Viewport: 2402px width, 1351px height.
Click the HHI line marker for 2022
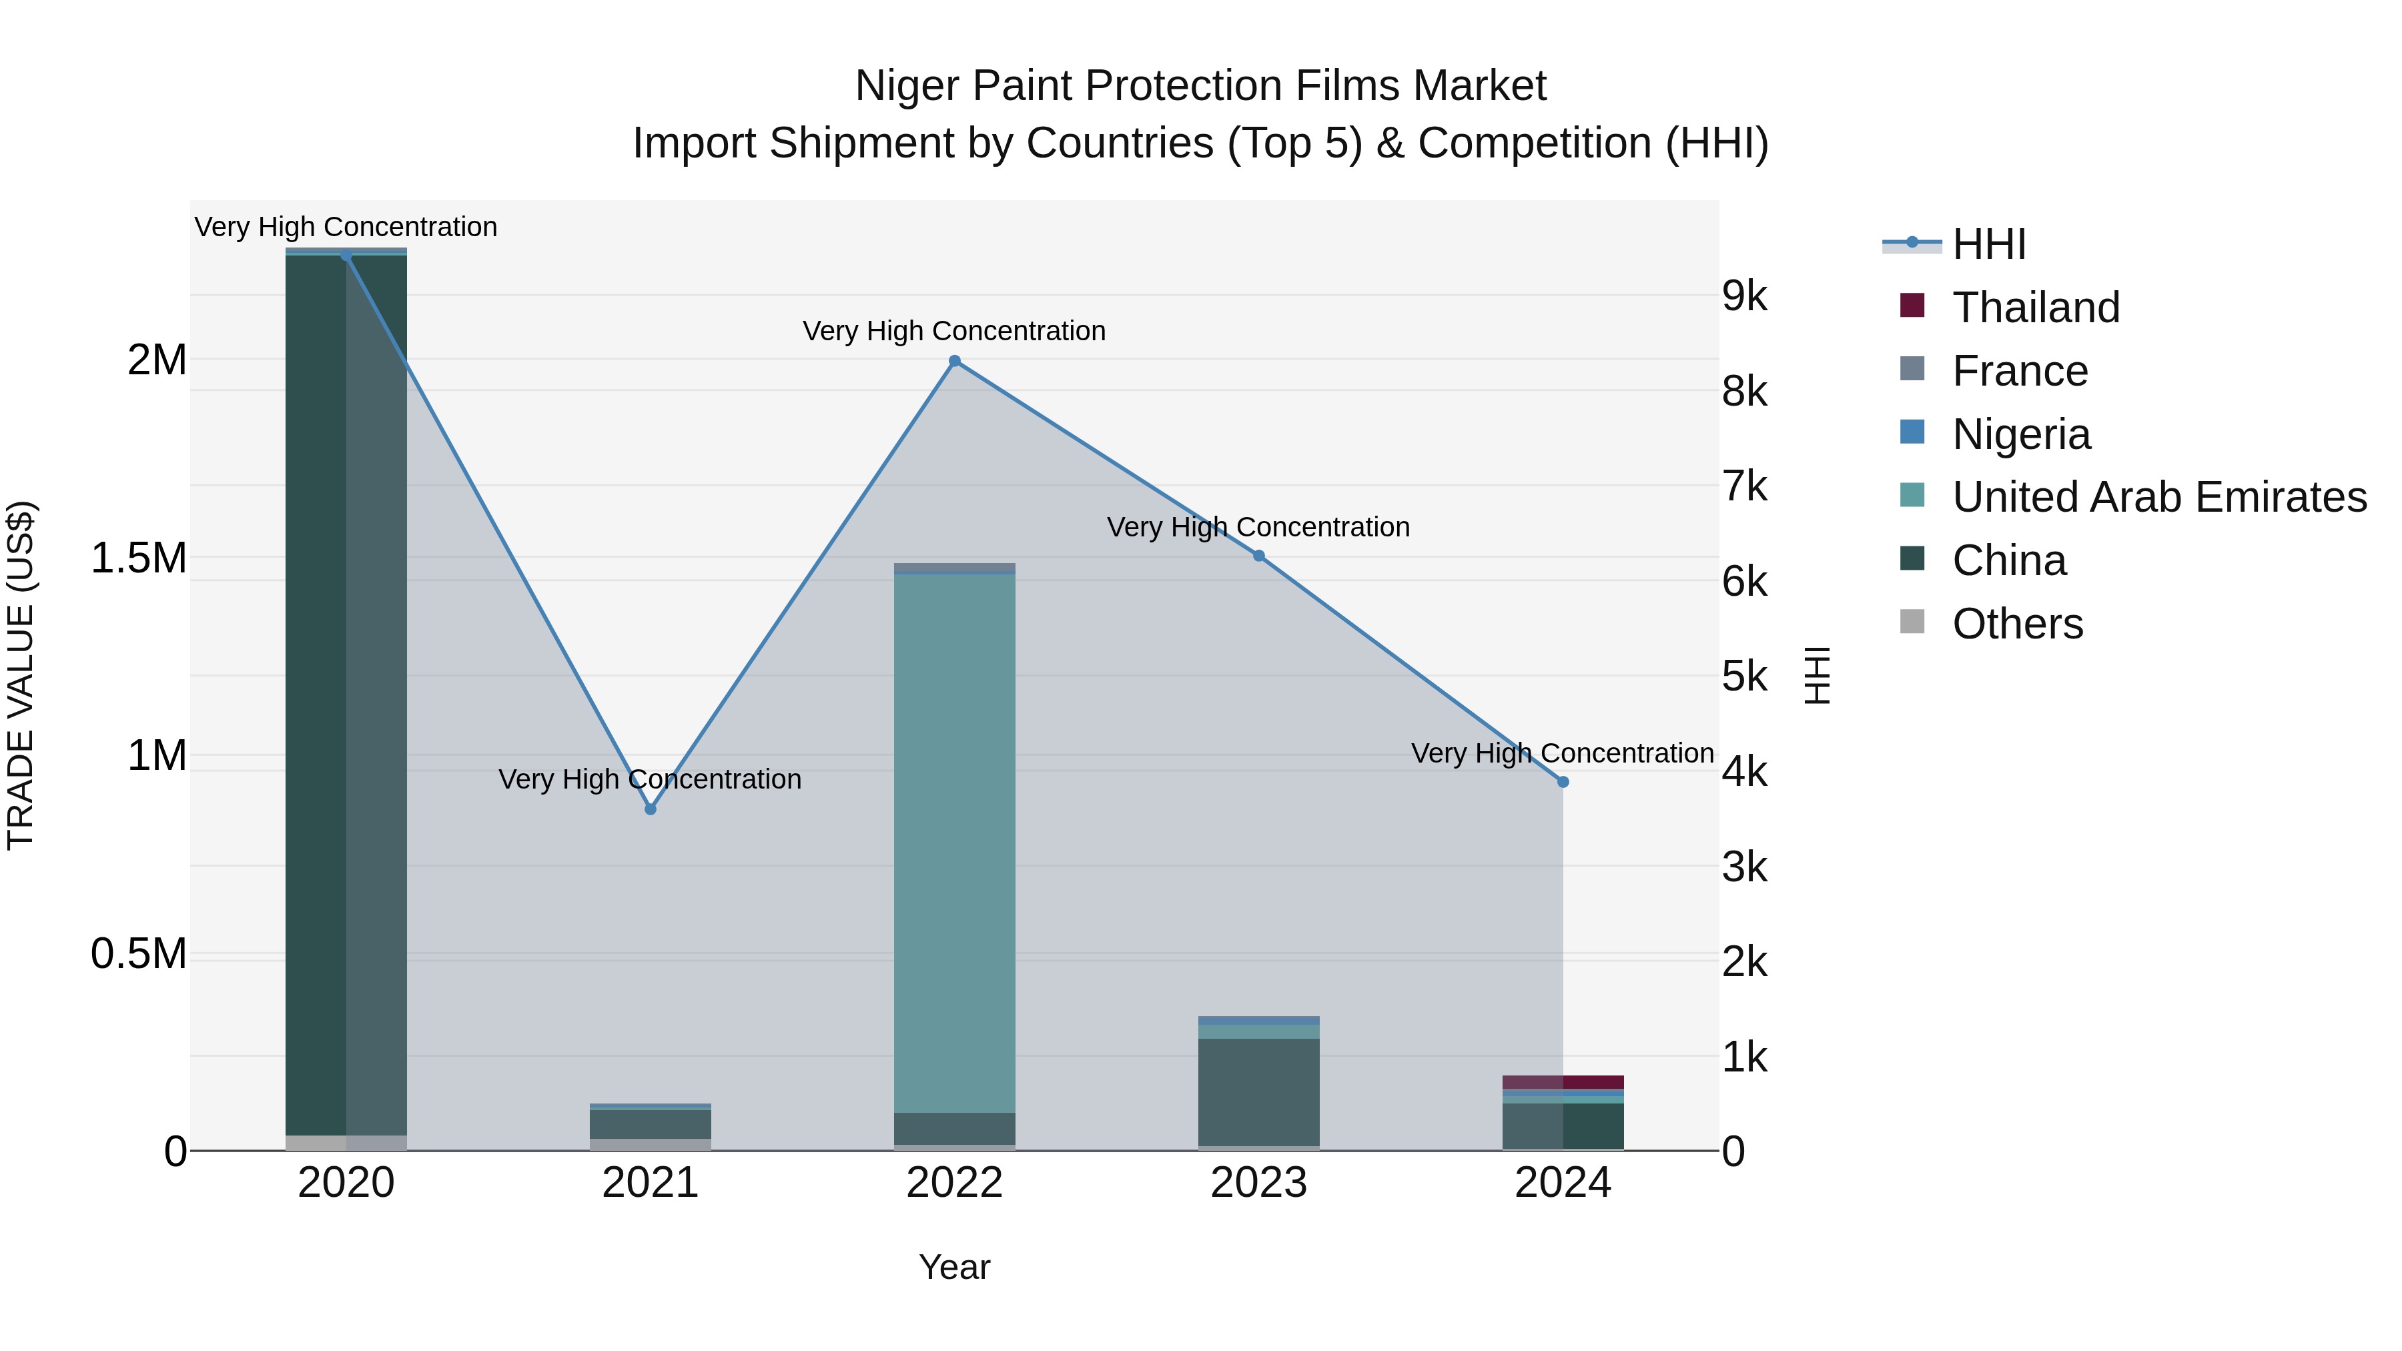tap(954, 361)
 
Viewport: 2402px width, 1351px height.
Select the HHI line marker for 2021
tap(650, 809)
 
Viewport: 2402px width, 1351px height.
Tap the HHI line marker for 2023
tap(1258, 556)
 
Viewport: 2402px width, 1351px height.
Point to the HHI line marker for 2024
tap(1563, 783)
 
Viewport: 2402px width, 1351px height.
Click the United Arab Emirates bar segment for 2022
tap(954, 839)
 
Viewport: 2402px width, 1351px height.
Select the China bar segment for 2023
tap(1258, 1091)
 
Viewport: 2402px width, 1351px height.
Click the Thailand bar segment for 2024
tap(1563, 1081)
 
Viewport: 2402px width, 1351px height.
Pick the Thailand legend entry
tap(2036, 308)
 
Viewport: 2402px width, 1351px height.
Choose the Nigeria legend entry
tap(2020, 434)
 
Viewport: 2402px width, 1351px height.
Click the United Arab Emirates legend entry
tap(2158, 497)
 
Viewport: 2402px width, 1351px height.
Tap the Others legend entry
tap(2017, 624)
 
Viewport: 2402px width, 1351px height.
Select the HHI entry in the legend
tap(1988, 244)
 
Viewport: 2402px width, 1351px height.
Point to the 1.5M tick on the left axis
tap(138, 558)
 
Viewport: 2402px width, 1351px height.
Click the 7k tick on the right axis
tap(1743, 487)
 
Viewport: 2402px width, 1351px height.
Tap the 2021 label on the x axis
tap(650, 1183)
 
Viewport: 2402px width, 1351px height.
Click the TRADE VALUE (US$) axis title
tap(21, 675)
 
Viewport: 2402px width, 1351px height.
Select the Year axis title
tap(954, 1267)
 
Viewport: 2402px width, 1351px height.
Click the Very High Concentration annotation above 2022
tap(954, 331)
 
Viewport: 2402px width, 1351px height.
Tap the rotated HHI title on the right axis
tap(1816, 675)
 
